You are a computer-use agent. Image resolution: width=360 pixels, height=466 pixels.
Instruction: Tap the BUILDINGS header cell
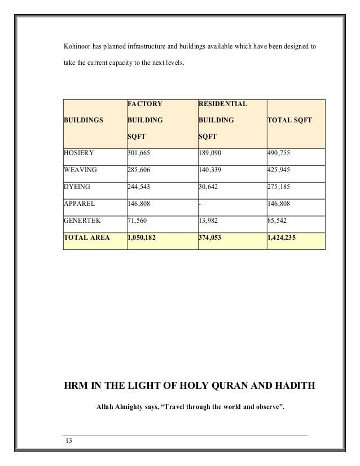(84, 121)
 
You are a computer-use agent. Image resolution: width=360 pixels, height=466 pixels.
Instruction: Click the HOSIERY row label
(79, 152)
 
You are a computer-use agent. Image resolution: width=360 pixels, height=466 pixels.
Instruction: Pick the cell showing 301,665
(140, 152)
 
